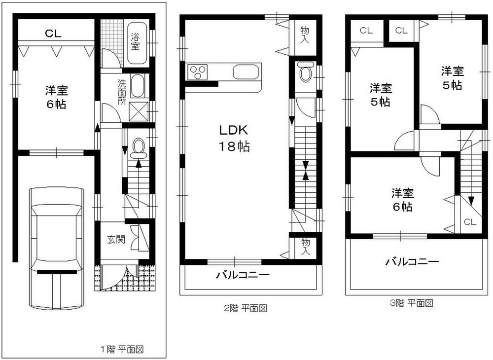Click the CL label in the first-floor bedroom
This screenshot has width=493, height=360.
[x=53, y=34]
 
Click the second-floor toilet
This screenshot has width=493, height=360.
[x=306, y=74]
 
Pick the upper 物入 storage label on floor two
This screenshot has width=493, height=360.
[x=305, y=35]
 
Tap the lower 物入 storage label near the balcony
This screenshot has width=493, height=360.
[x=306, y=247]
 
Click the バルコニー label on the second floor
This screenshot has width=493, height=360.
[x=242, y=275]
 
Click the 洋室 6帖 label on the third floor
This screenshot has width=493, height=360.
[x=402, y=199]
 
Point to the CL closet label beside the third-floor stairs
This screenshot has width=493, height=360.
[x=470, y=222]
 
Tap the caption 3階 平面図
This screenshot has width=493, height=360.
[x=411, y=303]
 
